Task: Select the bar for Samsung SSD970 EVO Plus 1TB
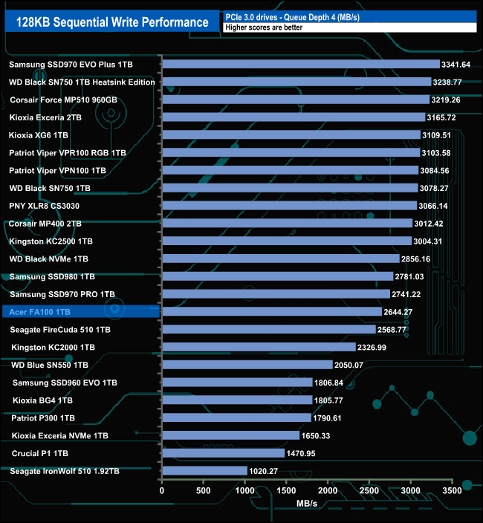(300, 65)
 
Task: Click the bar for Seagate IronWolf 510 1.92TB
(204, 471)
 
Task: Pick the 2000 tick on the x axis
(328, 490)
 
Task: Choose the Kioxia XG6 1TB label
(39, 135)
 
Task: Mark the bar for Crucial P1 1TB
(223, 453)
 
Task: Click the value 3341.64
(456, 65)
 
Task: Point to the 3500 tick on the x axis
(452, 490)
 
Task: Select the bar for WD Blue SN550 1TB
(247, 365)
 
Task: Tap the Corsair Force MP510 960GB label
(63, 100)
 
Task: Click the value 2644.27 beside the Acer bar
(398, 311)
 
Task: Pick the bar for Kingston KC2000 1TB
(259, 347)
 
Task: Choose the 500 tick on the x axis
(204, 490)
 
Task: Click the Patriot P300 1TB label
(43, 418)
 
